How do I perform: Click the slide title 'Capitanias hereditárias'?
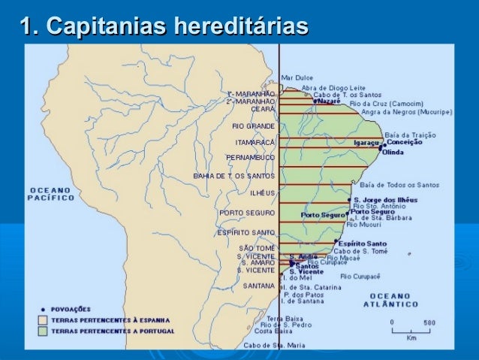pos(163,28)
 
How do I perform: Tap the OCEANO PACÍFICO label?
pos(51,194)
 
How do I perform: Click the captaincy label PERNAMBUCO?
pos(250,157)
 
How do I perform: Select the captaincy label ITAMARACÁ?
pos(255,142)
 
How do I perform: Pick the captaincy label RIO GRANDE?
pos(254,126)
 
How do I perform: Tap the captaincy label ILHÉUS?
pos(262,193)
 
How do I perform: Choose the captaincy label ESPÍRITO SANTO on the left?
pos(246,232)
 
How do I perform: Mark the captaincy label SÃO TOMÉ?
pos(257,248)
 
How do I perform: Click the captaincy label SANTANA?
pos(258,286)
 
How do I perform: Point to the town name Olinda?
pos(393,152)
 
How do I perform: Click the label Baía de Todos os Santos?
pos(399,184)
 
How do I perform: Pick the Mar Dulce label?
pos(298,77)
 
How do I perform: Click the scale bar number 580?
pos(429,322)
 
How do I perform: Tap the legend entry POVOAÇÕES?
pos(71,308)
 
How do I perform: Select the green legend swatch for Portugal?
pos(44,331)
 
